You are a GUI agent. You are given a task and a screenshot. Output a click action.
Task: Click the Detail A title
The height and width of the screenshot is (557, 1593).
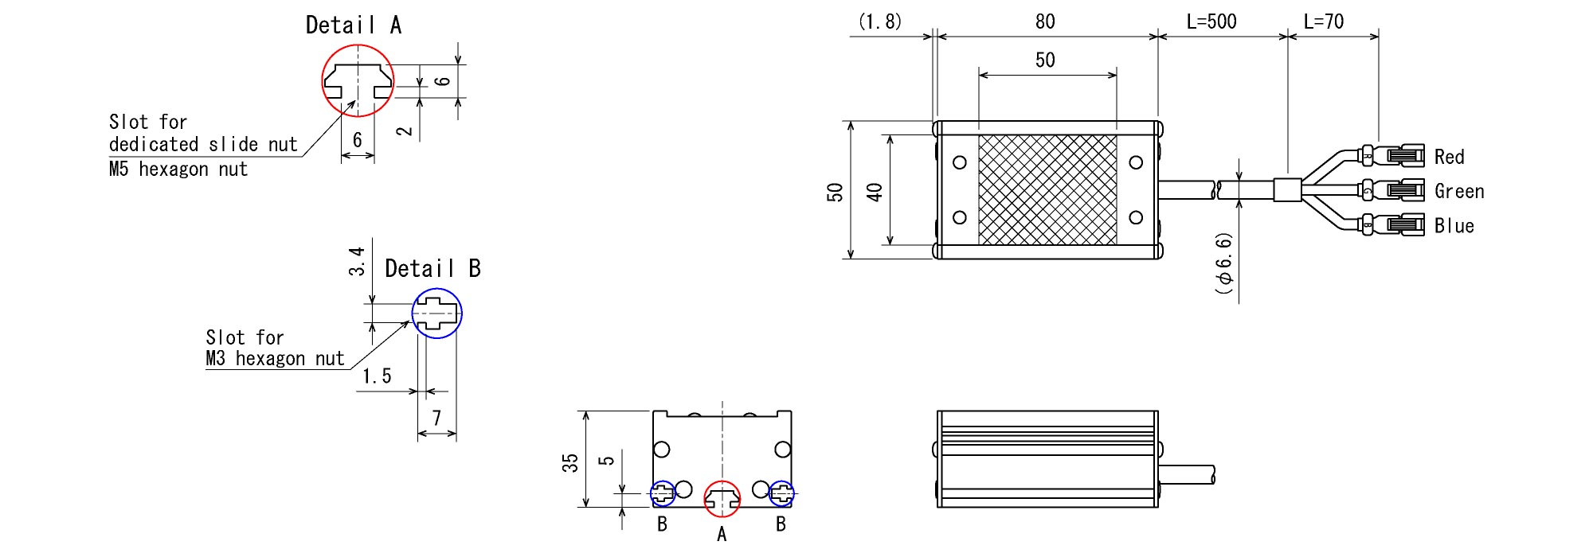click(x=354, y=25)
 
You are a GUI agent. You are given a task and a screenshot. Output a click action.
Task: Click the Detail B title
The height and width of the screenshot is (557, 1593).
click(x=432, y=269)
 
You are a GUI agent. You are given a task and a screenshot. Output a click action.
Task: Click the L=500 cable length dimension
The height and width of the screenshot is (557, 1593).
click(x=1211, y=21)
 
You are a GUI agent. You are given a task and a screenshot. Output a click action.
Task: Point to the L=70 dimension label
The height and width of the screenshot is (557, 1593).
click(x=1324, y=21)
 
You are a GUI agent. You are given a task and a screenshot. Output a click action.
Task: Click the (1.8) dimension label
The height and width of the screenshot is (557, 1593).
click(x=880, y=21)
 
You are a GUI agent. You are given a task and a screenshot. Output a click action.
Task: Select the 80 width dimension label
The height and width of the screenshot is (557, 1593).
click(x=1045, y=21)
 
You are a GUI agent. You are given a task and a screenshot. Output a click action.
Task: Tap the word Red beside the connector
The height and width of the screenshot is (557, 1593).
click(x=1450, y=157)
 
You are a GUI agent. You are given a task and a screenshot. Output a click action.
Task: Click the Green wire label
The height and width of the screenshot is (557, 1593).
click(x=1459, y=191)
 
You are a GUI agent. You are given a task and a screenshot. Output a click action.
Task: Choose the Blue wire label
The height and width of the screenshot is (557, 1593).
click(x=1454, y=226)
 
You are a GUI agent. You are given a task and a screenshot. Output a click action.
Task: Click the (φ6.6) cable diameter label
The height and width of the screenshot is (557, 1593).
click(x=1224, y=264)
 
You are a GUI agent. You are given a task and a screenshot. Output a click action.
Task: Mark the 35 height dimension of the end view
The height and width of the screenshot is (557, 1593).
click(x=570, y=463)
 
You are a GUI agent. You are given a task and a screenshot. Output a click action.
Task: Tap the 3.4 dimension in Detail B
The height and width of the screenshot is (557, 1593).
click(x=357, y=261)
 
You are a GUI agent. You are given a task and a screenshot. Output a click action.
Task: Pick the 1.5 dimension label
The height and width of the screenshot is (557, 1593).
click(x=377, y=376)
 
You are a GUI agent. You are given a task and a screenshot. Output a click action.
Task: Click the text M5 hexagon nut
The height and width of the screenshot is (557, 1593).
click(x=178, y=169)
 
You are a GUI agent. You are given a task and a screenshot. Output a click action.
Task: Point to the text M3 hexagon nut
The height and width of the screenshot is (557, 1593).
click(x=275, y=359)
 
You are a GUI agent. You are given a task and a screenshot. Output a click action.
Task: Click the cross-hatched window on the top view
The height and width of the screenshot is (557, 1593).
click(x=1047, y=189)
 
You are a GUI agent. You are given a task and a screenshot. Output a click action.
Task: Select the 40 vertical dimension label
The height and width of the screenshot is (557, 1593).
click(x=875, y=192)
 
